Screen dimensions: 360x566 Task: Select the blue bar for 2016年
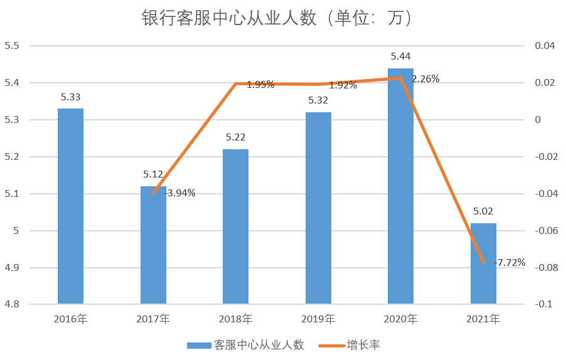[70, 207]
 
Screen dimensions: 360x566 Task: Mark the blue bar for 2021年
[483, 264]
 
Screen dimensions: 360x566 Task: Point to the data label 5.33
[70, 97]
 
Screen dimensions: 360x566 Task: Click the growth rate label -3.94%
[180, 193]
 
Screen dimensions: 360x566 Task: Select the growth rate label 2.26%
[425, 79]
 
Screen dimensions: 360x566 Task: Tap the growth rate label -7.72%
[510, 262]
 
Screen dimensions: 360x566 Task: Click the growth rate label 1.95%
[260, 85]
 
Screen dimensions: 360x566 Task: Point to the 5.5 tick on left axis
[13, 46]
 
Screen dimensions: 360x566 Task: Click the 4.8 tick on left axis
[13, 305]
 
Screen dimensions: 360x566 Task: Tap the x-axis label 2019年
[318, 319]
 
